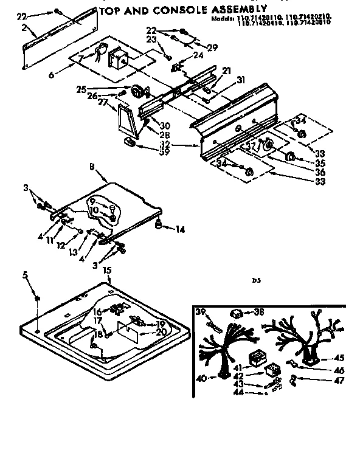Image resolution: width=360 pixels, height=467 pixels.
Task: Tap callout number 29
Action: [x=212, y=47]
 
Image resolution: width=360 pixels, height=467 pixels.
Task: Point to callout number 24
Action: [x=198, y=55]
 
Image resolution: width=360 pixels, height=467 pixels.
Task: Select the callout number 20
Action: [x=161, y=332]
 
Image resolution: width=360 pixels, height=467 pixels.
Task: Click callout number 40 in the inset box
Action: [x=201, y=378]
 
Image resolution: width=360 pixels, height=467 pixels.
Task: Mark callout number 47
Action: [x=339, y=381]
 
